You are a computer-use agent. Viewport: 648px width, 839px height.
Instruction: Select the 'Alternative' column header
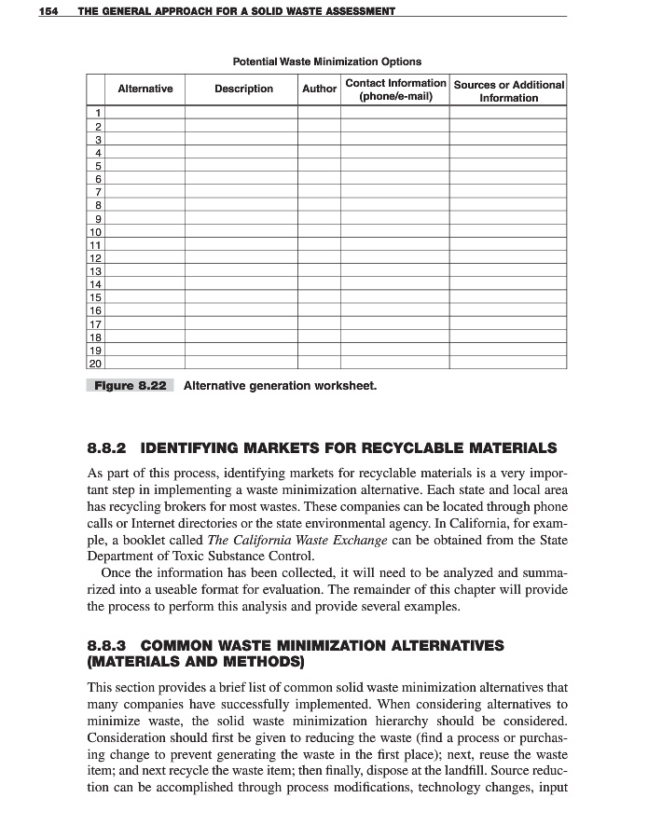pyautogui.click(x=145, y=89)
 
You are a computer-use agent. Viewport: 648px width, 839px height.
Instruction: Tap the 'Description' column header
pyautogui.click(x=243, y=89)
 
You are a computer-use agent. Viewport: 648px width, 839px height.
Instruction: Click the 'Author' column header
pyautogui.click(x=319, y=89)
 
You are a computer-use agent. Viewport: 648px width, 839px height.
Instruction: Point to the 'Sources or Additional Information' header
pyautogui.click(x=508, y=90)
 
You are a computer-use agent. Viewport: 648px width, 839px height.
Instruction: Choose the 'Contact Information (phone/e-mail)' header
pyautogui.click(x=395, y=89)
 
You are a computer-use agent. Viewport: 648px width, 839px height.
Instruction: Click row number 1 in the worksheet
pyautogui.click(x=96, y=113)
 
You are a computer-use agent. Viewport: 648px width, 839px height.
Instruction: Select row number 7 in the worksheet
pyautogui.click(x=96, y=191)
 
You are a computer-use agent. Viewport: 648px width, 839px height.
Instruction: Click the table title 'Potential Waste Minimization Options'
pyautogui.click(x=326, y=62)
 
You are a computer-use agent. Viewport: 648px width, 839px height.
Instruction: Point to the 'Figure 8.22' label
pyautogui.click(x=130, y=385)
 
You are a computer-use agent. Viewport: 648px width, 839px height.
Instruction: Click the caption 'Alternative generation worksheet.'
pyautogui.click(x=280, y=385)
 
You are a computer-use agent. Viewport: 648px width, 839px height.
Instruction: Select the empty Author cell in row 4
pyautogui.click(x=319, y=152)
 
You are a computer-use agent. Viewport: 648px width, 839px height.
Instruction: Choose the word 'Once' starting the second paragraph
pyautogui.click(x=116, y=572)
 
